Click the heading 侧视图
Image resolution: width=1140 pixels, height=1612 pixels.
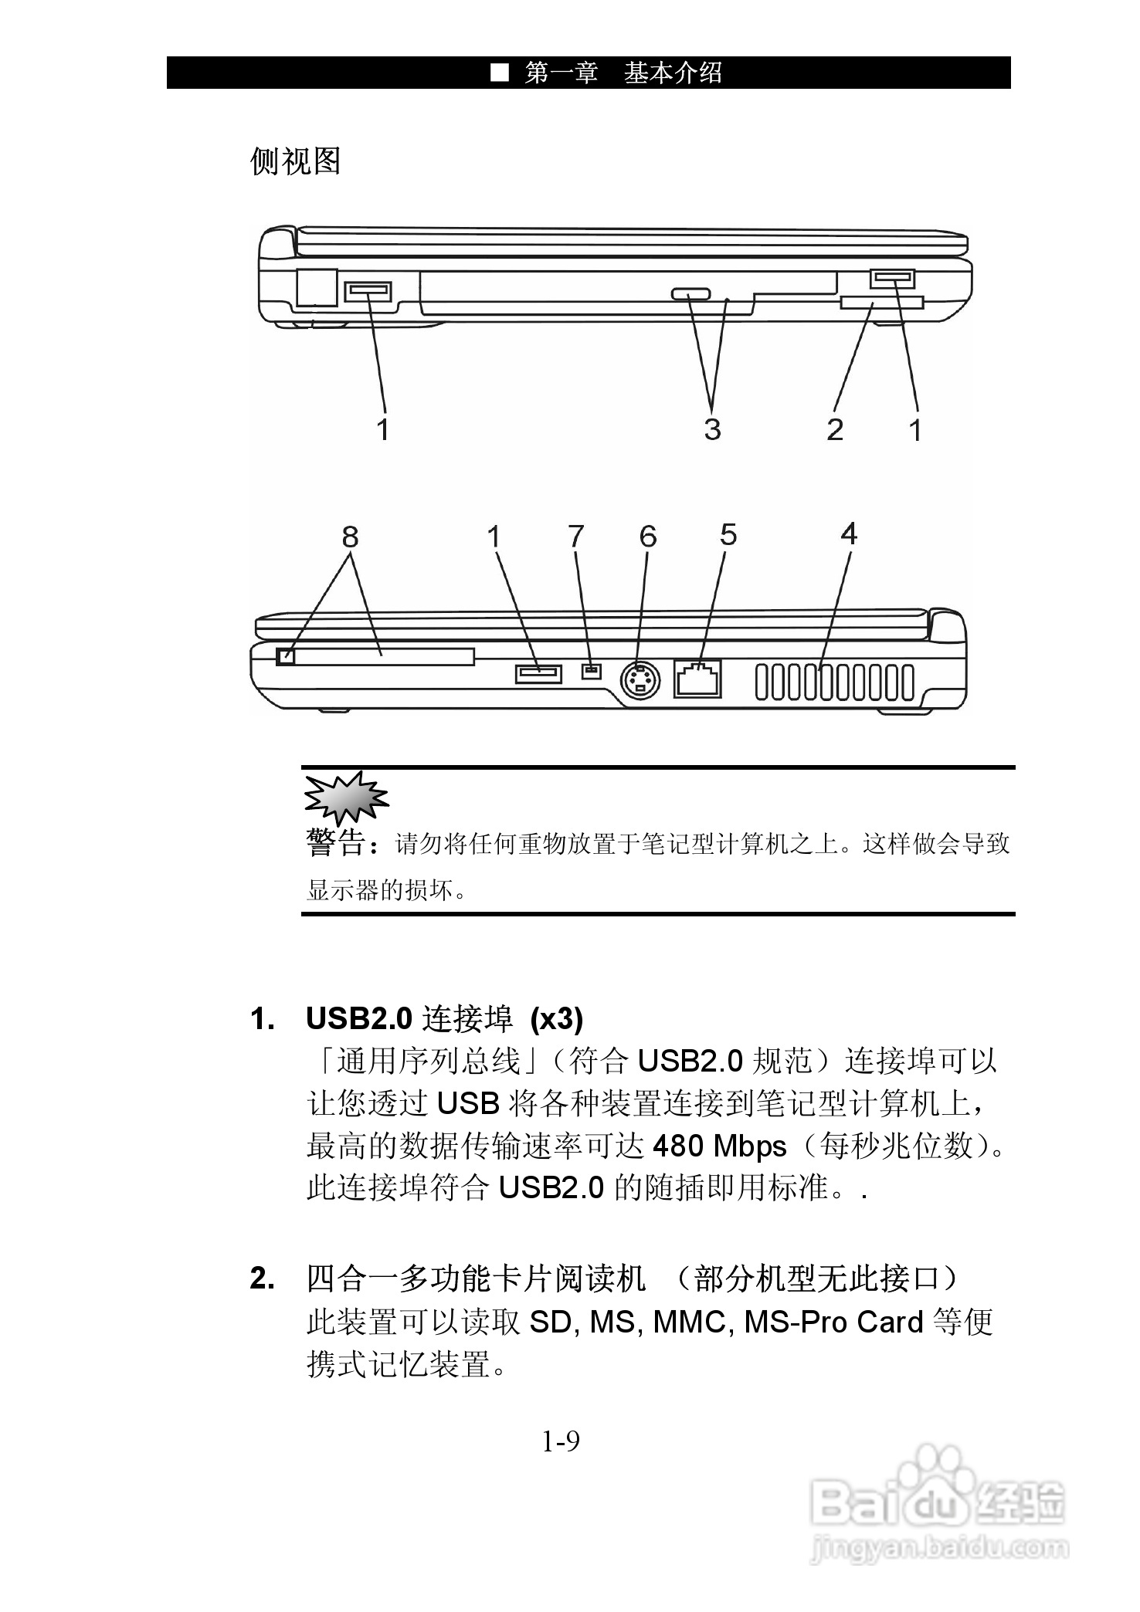(296, 161)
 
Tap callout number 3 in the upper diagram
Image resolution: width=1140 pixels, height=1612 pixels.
(712, 428)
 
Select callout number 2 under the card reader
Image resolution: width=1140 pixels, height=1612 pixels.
(835, 429)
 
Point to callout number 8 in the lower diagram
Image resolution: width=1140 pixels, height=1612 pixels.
(350, 536)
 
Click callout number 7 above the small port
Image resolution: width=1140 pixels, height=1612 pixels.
(576, 536)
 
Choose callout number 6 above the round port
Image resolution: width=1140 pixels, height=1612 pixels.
(648, 536)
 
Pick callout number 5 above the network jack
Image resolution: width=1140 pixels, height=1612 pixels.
(728, 534)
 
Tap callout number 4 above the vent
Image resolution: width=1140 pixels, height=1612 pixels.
(849, 533)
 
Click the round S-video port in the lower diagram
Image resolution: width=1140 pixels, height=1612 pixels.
(641, 681)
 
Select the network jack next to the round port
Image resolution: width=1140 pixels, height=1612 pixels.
(697, 679)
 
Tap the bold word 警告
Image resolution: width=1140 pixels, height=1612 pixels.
(336, 843)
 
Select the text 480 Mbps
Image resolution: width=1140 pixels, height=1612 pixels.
(719, 1146)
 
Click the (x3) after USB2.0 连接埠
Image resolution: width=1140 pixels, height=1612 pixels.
(556, 1020)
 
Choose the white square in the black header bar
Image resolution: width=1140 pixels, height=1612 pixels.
(500, 73)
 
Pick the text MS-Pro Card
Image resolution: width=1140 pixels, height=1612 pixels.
(833, 1322)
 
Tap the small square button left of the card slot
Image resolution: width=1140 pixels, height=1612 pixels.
(285, 656)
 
